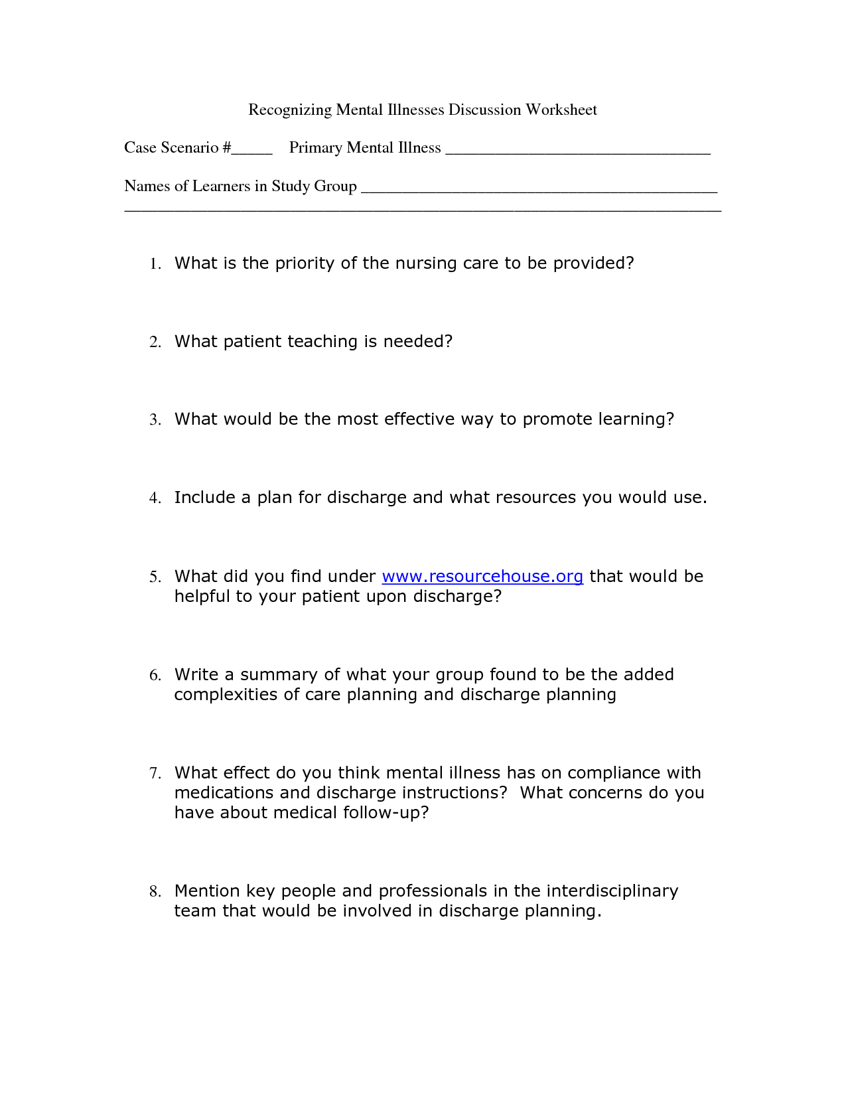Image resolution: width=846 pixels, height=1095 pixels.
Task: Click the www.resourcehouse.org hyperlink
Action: tap(482, 576)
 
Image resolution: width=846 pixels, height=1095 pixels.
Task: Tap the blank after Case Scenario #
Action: tap(251, 149)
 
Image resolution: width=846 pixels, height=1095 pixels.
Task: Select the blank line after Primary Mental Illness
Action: tap(577, 149)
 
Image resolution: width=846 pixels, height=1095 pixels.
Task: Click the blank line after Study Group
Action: tap(538, 187)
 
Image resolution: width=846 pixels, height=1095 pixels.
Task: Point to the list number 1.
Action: tap(155, 264)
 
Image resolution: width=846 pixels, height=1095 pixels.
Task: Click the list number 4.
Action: tap(155, 498)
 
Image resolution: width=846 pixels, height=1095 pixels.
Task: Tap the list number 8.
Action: tap(155, 892)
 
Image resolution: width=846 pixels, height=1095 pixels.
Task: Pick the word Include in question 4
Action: tap(204, 497)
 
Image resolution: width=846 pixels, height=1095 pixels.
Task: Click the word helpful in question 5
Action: tap(202, 596)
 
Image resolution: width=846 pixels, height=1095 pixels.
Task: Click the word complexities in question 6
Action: tap(227, 695)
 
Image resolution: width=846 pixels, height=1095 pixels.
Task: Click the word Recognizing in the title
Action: tap(289, 110)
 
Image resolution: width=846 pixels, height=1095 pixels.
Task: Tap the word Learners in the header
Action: tap(220, 186)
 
